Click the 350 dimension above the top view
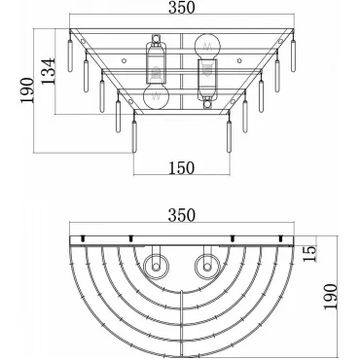pos(182,8)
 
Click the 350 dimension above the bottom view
pos(182,215)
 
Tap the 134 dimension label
pos(49,71)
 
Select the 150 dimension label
pos(182,168)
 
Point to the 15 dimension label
pos(309,253)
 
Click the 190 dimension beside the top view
pos(27,90)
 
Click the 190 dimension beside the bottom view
pos(331,297)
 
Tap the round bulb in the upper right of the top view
pos(207,46)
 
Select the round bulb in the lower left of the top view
pos(157,96)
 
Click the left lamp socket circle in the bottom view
pos(157,267)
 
